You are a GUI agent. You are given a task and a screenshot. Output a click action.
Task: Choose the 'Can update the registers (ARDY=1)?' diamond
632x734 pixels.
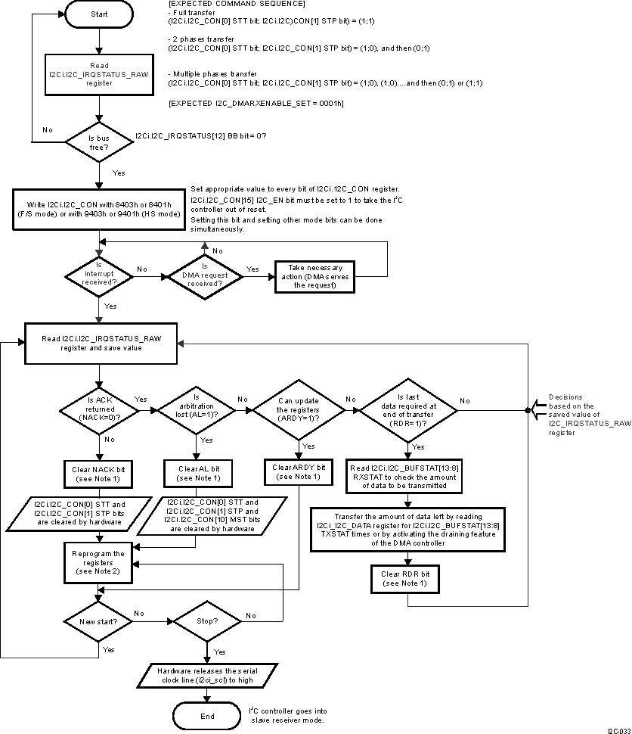point(298,410)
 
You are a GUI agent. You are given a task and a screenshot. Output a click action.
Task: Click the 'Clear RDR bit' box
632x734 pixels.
point(408,579)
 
